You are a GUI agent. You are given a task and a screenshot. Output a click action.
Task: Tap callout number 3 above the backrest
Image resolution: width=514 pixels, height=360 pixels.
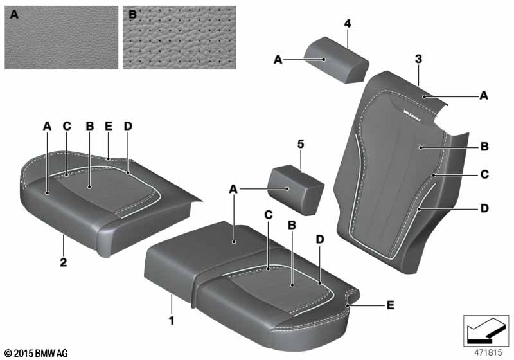418,59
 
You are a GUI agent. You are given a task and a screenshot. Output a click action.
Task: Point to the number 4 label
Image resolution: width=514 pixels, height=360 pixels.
347,24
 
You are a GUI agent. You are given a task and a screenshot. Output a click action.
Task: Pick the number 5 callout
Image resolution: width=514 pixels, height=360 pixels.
300,145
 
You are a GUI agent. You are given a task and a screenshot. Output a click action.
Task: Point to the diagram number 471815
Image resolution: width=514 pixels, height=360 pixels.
486,352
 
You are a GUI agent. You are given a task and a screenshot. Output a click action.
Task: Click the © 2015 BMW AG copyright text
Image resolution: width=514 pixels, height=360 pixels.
36,353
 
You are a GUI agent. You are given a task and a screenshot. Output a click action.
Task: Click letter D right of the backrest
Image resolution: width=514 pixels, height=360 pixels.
484,208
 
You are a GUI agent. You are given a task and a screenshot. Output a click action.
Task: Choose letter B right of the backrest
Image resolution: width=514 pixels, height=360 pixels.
484,147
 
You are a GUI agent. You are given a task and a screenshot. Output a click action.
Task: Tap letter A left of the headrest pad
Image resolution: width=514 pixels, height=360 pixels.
278,59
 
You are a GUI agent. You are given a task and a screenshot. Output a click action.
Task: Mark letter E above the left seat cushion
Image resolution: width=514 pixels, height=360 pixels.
108,127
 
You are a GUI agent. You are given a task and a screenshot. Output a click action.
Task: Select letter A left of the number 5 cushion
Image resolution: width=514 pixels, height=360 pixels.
234,188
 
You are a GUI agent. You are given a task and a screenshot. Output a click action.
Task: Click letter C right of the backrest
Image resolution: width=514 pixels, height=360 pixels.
484,174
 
